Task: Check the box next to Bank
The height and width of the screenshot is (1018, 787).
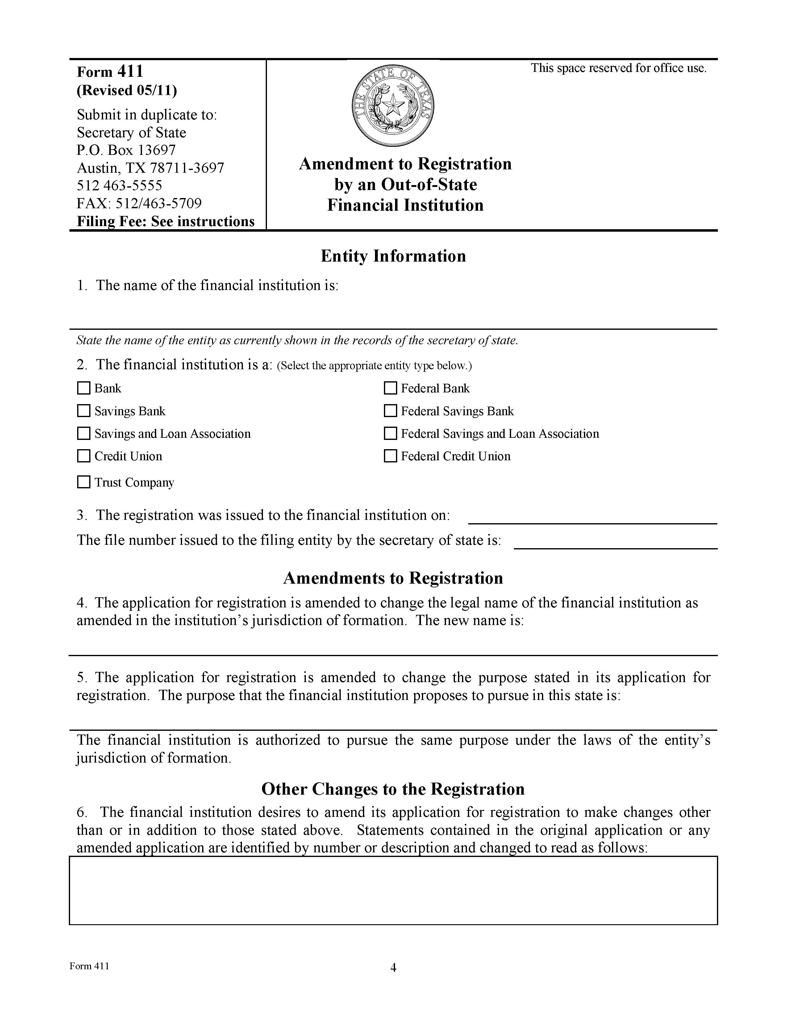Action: pos(83,388)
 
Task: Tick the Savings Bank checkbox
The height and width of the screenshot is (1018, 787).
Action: pos(83,411)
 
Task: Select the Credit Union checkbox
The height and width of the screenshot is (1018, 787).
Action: pos(83,456)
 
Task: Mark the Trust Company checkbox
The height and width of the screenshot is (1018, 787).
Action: pos(83,482)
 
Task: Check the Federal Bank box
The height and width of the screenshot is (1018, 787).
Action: pos(390,388)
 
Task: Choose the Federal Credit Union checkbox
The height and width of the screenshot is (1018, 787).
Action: pos(390,456)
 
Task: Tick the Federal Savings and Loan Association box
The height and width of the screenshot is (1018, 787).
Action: pos(390,433)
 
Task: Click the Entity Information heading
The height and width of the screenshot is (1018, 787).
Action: pos(393,256)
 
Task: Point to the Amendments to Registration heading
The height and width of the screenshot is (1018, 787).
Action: pos(393,578)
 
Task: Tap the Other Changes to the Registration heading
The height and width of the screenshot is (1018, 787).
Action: pos(393,789)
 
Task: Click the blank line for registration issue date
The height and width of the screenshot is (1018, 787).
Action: pos(592,518)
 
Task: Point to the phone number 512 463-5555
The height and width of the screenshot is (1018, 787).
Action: pos(119,185)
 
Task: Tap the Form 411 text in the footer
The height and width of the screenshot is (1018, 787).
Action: pos(89,966)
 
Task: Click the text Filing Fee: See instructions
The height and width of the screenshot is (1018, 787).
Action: pos(165,221)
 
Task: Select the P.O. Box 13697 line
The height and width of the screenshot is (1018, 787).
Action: pos(126,150)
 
